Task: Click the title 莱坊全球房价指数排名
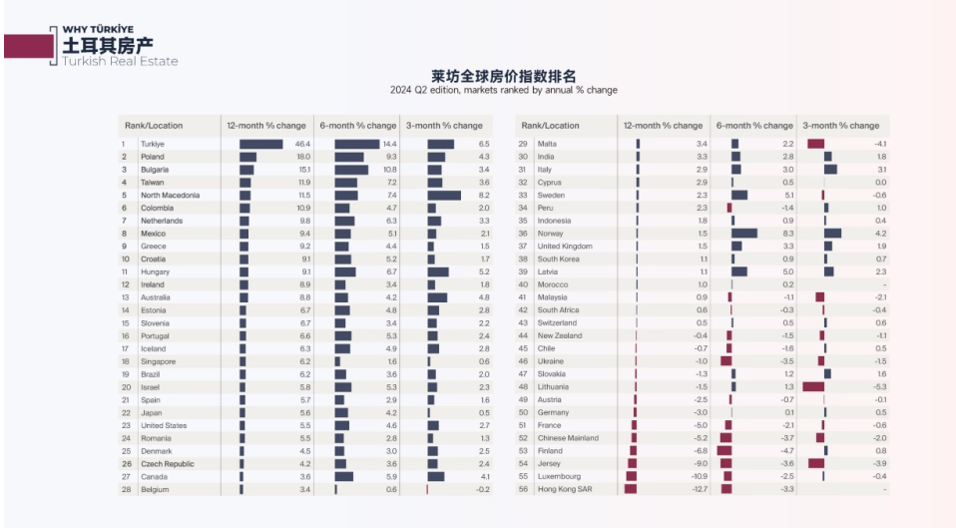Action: tap(503, 76)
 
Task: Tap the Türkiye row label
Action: tap(152, 145)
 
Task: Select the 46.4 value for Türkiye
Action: tap(303, 145)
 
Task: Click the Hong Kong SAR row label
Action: tap(564, 489)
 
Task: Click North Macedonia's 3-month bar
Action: tap(444, 196)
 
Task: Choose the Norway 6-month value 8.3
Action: tap(788, 234)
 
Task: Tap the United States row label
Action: tap(164, 425)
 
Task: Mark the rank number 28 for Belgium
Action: tap(126, 489)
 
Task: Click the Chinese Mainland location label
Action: tap(568, 438)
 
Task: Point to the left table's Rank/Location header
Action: tap(154, 126)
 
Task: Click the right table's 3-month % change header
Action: tap(841, 126)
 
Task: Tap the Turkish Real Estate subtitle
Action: tap(121, 62)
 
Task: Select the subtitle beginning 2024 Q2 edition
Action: tap(503, 91)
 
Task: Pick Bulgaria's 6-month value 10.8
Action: tap(388, 170)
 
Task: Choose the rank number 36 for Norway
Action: tap(523, 234)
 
